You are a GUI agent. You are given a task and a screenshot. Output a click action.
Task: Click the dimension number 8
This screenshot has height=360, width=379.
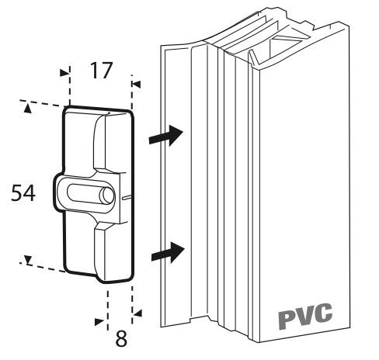[121, 339]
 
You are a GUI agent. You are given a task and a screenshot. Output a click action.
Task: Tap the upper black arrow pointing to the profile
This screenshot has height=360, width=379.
[168, 135]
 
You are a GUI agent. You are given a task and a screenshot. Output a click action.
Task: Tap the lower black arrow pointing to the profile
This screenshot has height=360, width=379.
[168, 251]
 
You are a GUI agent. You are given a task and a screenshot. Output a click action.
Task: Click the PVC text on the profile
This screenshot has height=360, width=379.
[305, 313]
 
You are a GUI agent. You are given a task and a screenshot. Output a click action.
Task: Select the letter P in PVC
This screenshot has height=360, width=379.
[287, 315]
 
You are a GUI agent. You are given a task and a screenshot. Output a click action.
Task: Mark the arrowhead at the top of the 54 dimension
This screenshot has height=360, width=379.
[28, 109]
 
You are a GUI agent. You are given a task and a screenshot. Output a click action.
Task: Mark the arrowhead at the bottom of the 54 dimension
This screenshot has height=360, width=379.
[27, 260]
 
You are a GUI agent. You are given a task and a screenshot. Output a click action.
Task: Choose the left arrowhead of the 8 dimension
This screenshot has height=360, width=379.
[99, 320]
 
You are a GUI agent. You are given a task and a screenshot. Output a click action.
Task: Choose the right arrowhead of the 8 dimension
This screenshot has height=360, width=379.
[137, 313]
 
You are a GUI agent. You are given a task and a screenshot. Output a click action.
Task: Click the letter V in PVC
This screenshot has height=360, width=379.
[305, 313]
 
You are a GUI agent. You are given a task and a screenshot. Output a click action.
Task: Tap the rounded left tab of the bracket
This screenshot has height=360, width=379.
[61, 193]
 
